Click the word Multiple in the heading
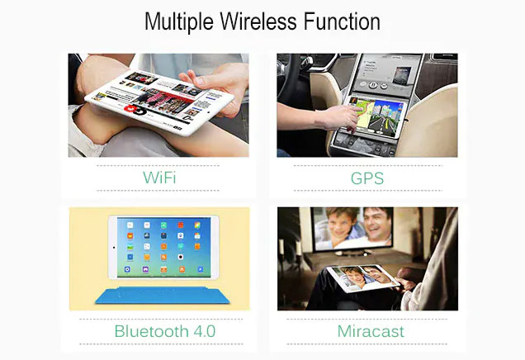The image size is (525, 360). (x=179, y=22)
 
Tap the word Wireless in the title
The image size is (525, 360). (x=258, y=21)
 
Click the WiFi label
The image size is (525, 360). (x=159, y=178)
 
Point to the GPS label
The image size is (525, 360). (x=367, y=178)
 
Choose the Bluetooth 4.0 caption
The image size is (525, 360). (x=165, y=331)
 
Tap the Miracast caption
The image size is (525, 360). (x=371, y=331)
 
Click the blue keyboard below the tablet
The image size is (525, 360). (x=163, y=295)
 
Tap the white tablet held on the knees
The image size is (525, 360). (x=159, y=102)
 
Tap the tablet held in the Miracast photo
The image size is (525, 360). (x=363, y=278)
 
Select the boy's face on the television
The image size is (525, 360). (x=342, y=222)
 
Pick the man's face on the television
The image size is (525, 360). (x=378, y=222)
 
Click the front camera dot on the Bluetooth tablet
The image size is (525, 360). (x=114, y=248)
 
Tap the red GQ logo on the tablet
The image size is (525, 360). (x=135, y=110)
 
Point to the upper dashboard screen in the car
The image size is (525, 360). (x=385, y=72)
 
